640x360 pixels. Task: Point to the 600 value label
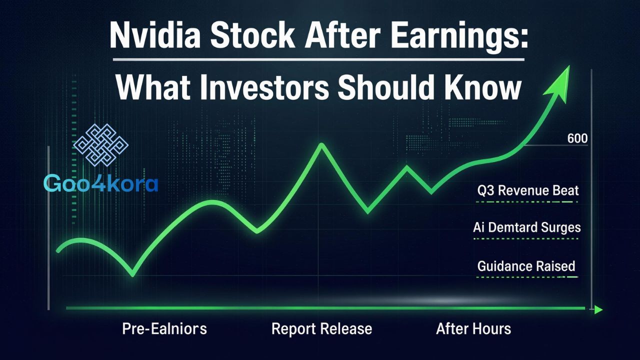pyautogui.click(x=577, y=138)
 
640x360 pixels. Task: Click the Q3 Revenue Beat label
pyautogui.click(x=527, y=190)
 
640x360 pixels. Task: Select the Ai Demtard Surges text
pyautogui.click(x=526, y=227)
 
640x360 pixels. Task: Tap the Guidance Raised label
pyautogui.click(x=526, y=266)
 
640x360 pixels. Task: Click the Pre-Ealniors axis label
pyautogui.click(x=164, y=329)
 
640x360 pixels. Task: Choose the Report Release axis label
pyautogui.click(x=321, y=329)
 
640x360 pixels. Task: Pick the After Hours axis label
pyautogui.click(x=473, y=329)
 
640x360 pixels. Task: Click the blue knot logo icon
pyautogui.click(x=101, y=145)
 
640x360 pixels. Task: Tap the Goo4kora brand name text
pyautogui.click(x=101, y=183)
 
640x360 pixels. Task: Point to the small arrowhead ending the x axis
pyautogui.click(x=598, y=310)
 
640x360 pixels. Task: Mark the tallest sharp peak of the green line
pyautogui.click(x=321, y=145)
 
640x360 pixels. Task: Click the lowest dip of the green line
pyautogui.click(x=132, y=274)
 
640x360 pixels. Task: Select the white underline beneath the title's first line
pyautogui.click(x=318, y=60)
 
